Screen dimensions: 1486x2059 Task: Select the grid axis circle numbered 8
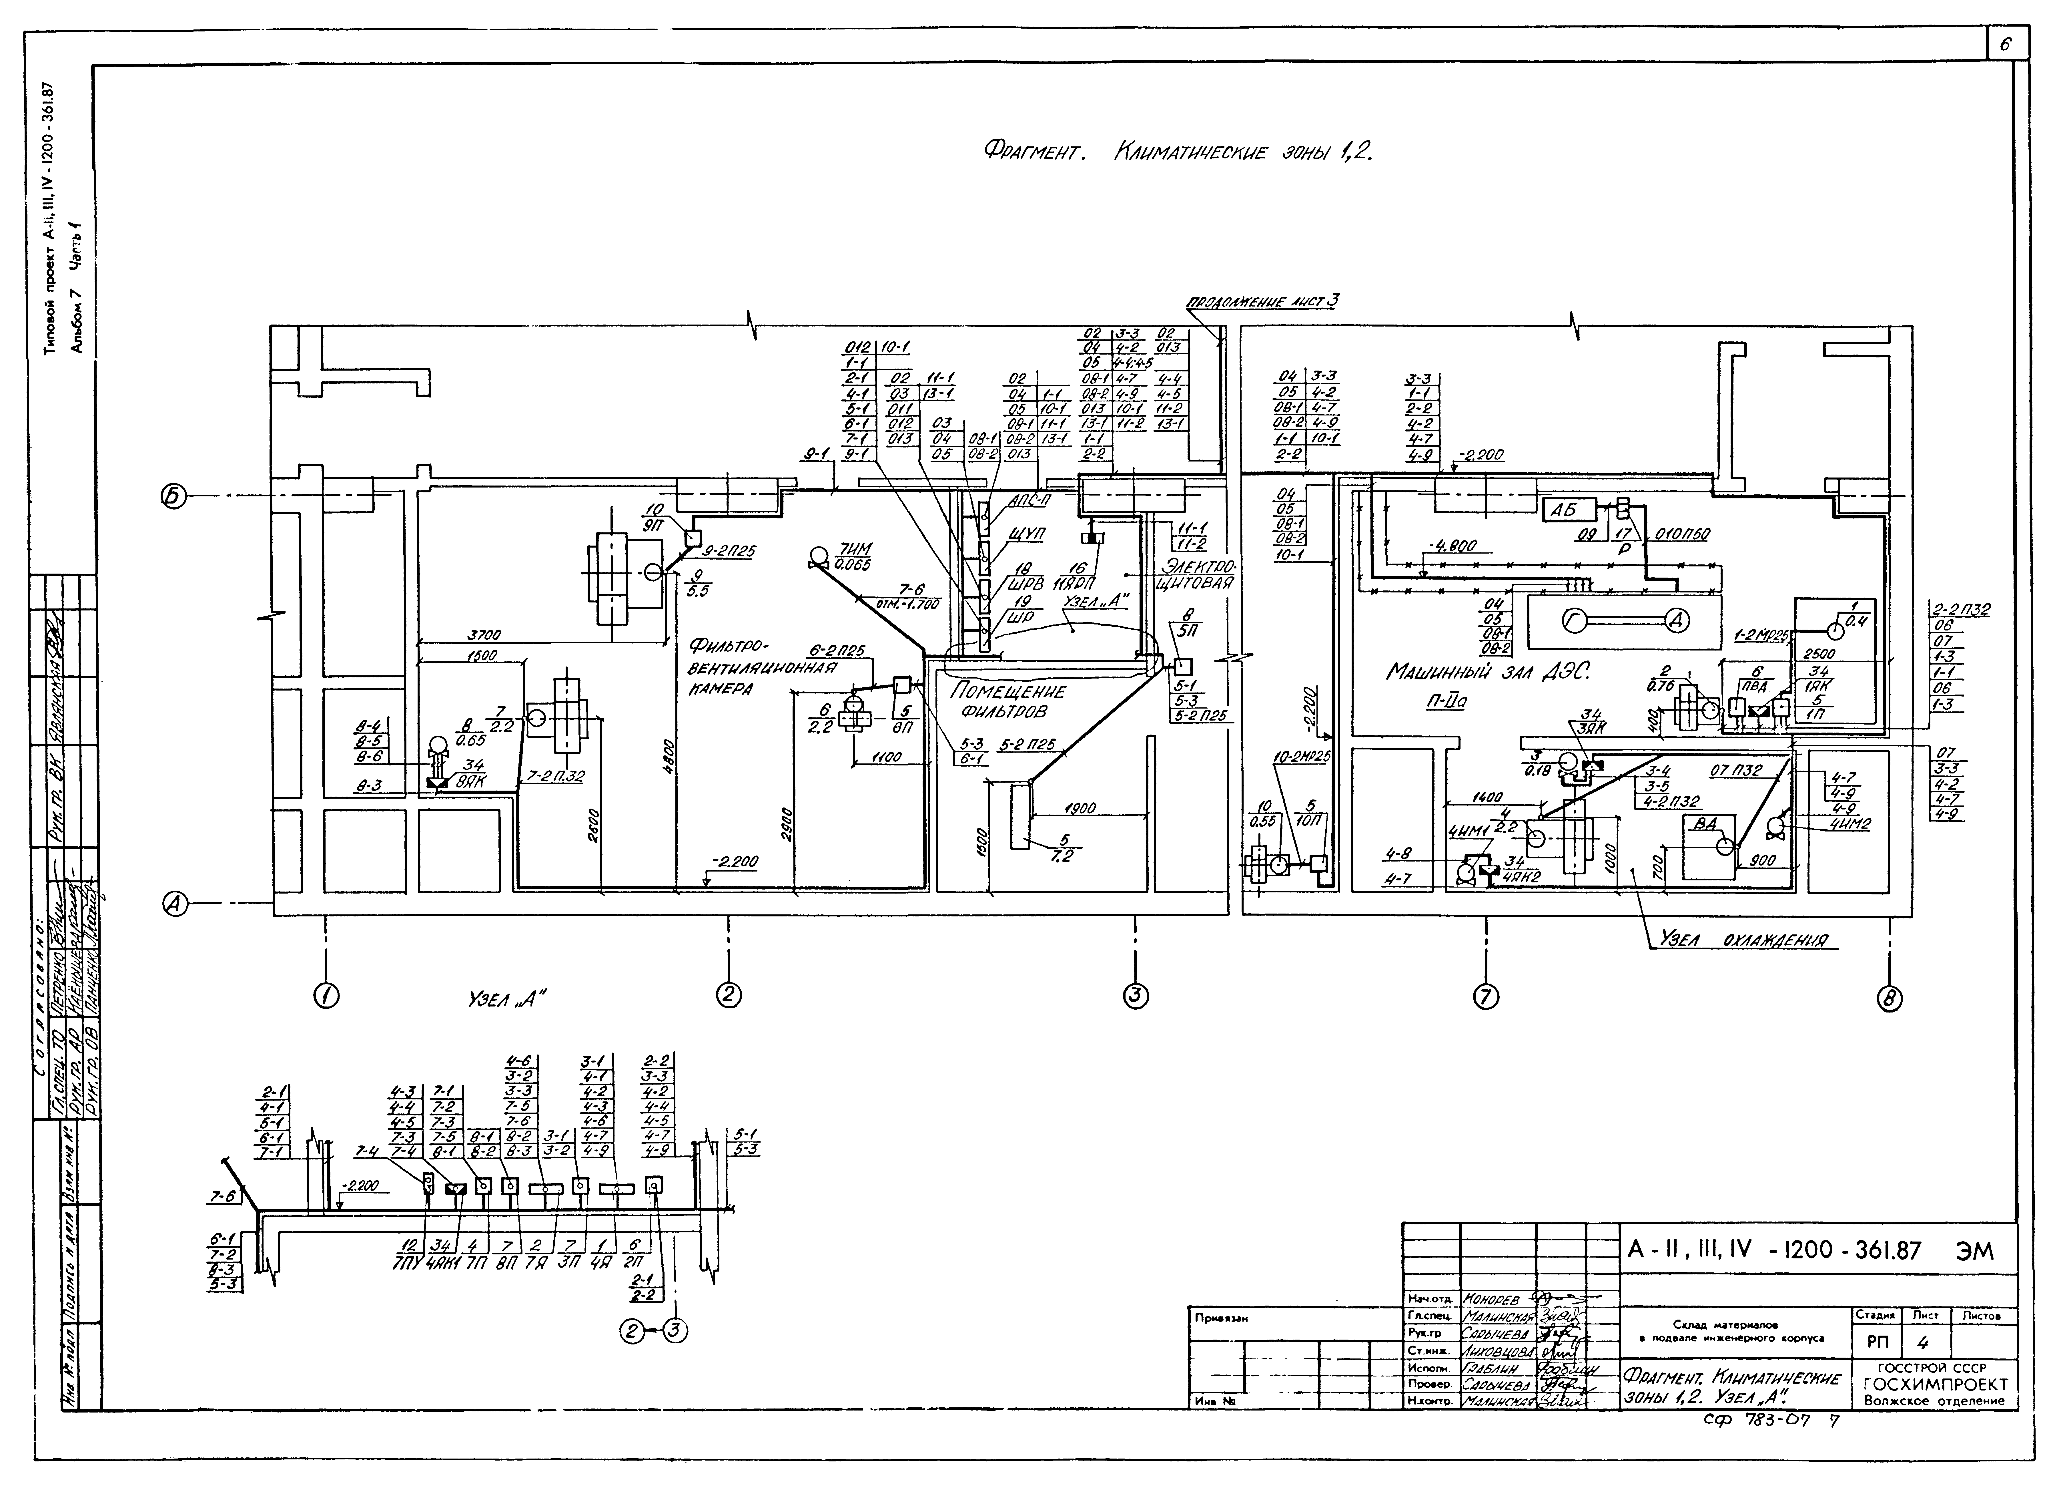1889,999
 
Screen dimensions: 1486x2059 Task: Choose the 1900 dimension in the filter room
1080,807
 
